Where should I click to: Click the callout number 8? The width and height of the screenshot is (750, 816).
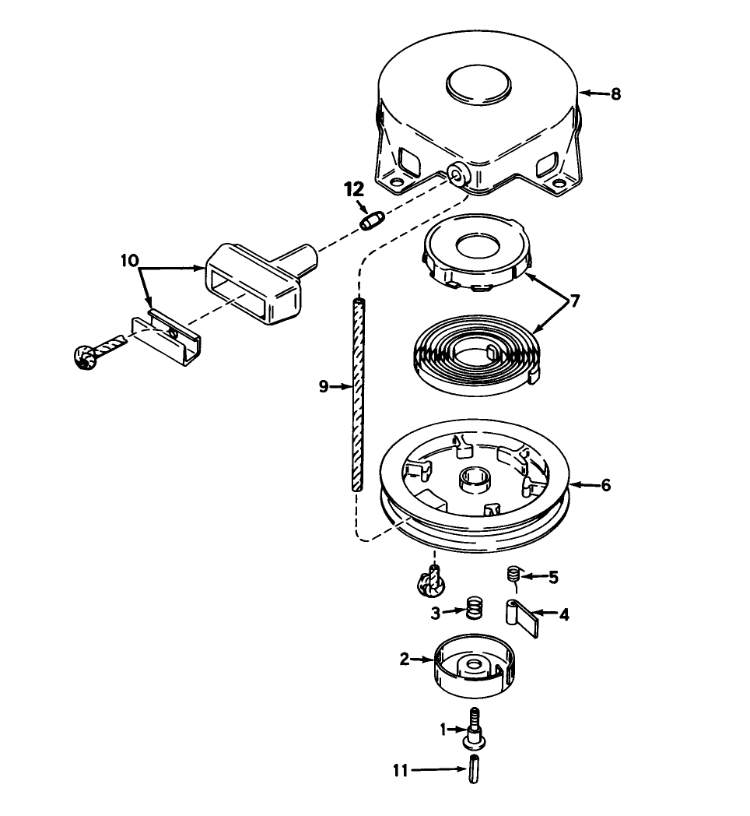pos(615,94)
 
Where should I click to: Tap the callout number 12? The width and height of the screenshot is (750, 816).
pos(354,189)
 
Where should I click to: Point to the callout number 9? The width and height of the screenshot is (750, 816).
pos(324,385)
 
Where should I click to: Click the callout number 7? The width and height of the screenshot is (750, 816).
pos(575,300)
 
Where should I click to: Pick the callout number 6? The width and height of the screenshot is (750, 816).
pos(605,485)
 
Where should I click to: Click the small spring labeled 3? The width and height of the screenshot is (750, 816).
pos(473,607)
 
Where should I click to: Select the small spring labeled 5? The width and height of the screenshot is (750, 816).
pos(513,575)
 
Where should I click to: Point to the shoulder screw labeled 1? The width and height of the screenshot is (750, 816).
pos(473,725)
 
